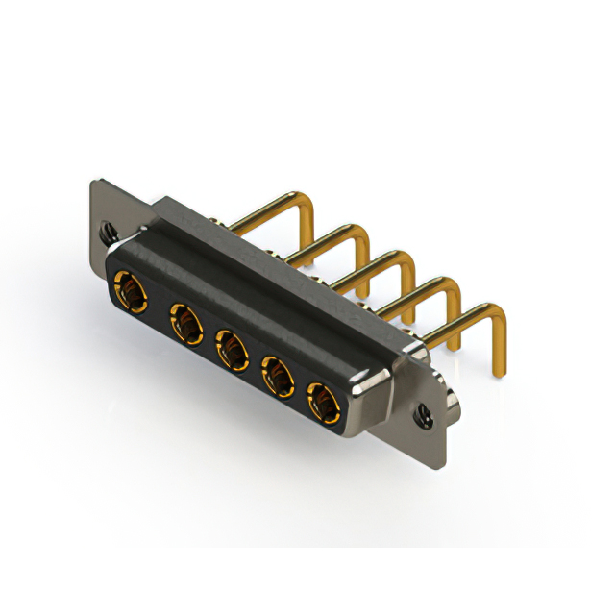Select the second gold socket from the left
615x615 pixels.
[184, 323]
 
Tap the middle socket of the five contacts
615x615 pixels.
[231, 349]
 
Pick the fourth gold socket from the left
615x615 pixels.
[278, 375]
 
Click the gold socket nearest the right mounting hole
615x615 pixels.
[323, 402]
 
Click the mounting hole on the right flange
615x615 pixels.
[424, 416]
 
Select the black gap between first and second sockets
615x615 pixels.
[157, 306]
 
